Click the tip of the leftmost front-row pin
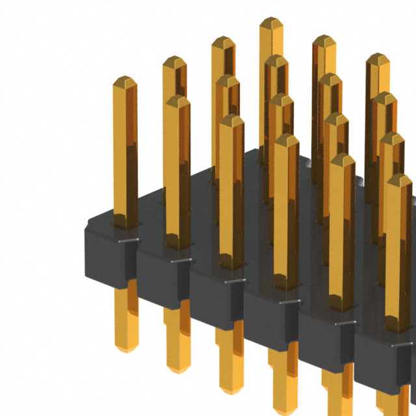click(x=124, y=81)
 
